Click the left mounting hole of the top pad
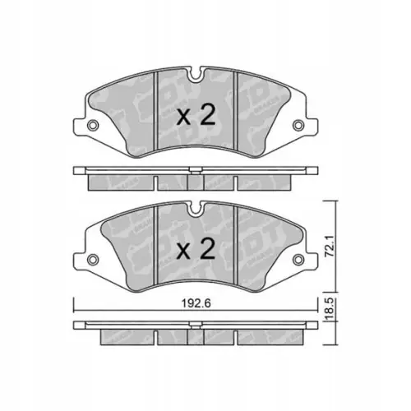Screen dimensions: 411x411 tap(93, 126)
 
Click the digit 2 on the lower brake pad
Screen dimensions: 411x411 tap(208, 247)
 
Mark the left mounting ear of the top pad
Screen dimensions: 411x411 tap(89, 124)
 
